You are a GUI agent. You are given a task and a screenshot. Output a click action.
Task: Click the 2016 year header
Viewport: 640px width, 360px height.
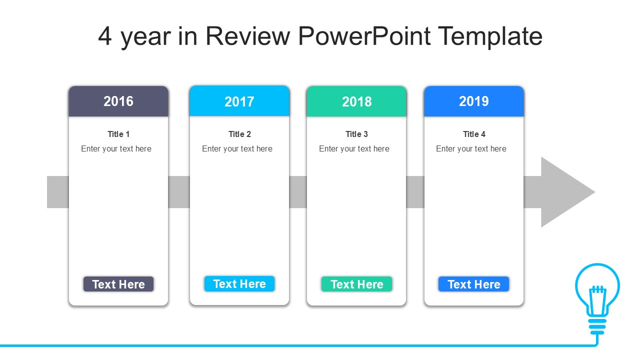click(118, 101)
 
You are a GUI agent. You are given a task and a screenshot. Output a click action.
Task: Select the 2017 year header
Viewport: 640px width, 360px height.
click(239, 101)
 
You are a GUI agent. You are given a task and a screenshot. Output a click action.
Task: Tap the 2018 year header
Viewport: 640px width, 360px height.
click(356, 101)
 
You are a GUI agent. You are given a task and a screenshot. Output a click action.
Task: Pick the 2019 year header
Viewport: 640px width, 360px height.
click(474, 101)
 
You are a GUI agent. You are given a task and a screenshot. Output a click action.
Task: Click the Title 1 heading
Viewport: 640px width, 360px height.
click(118, 134)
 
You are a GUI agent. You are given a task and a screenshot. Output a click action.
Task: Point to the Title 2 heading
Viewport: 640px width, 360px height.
click(239, 134)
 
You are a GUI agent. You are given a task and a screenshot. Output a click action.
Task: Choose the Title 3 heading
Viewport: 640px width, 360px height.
click(356, 134)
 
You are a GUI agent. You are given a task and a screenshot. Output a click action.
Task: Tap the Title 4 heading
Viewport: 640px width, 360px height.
click(474, 134)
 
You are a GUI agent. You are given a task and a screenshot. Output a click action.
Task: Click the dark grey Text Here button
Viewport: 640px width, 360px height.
click(118, 284)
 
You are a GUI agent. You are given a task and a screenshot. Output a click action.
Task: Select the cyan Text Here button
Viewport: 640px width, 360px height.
click(239, 283)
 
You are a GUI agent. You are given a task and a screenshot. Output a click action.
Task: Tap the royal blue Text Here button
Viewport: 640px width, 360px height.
click(473, 284)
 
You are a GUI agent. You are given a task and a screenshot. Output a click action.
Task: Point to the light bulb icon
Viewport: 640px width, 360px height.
click(597, 298)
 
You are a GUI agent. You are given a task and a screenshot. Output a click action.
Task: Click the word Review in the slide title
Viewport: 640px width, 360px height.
click(247, 36)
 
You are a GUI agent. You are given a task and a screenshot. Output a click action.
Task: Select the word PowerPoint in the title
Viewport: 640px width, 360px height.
click(364, 36)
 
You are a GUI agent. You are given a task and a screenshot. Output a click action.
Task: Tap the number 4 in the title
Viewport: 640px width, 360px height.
click(104, 36)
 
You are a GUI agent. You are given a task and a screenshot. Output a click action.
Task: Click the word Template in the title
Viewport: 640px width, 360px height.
click(490, 36)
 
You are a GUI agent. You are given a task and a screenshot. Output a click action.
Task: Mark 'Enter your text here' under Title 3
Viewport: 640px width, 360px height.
click(354, 149)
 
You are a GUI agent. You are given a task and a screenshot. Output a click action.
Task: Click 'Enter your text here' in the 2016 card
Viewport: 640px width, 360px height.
click(116, 149)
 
